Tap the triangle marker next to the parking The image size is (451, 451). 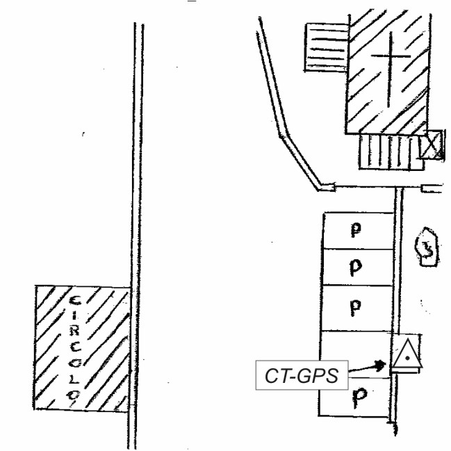[404, 356]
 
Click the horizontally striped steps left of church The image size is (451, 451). [326, 47]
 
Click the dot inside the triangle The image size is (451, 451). [404, 359]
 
